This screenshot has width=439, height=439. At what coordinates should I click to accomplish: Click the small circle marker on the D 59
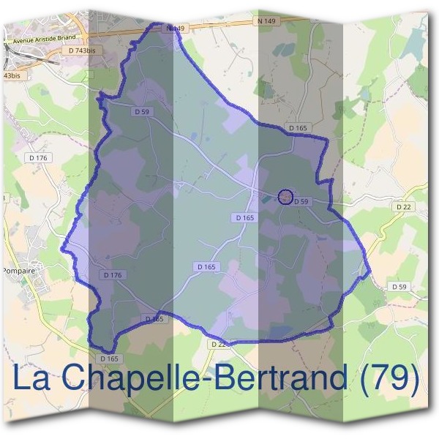click(286, 196)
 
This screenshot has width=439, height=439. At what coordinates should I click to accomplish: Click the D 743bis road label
click(81, 50)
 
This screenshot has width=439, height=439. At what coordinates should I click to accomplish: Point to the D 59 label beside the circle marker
click(302, 201)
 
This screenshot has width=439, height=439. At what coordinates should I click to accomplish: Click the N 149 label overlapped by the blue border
click(173, 29)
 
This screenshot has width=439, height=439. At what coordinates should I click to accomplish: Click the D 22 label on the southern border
click(218, 344)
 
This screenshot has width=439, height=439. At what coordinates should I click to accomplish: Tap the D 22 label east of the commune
click(404, 207)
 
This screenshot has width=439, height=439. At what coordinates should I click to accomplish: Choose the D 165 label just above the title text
click(108, 359)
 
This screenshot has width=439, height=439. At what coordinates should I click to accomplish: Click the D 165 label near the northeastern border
click(298, 128)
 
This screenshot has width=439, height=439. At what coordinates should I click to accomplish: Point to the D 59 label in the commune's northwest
click(142, 111)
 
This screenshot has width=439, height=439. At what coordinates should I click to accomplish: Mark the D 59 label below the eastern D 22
click(399, 287)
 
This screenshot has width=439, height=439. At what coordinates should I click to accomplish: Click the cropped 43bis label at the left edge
click(12, 75)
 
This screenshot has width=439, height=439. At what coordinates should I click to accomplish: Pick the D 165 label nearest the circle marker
click(245, 218)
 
